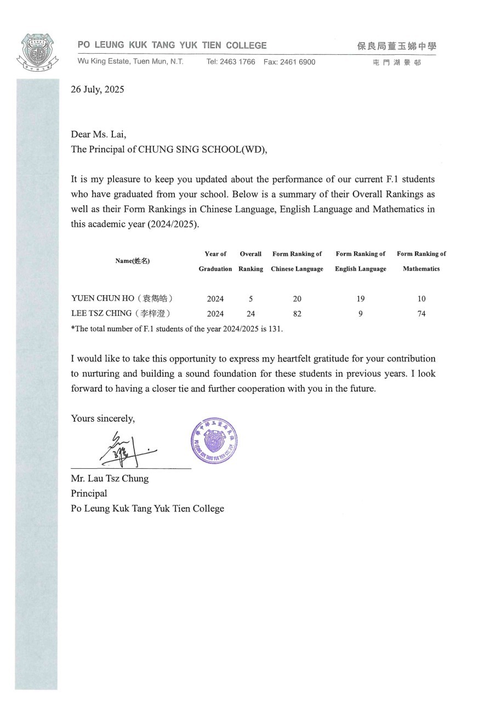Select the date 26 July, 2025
pos(97,90)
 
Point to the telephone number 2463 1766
pos(238,62)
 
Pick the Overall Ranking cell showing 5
pos(250,299)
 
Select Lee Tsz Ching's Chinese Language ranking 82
pos(297,314)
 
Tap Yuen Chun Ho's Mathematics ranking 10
pos(421,299)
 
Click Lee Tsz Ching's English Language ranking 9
pos(361,314)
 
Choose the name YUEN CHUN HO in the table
pos(103,298)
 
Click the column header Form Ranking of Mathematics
pos(421,261)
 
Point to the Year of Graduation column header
pos(215,261)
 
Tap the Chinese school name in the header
pos(396,47)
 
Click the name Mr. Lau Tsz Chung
pos(110,478)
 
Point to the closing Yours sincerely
pos(102,418)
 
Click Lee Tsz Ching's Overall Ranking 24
pos(250,314)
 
